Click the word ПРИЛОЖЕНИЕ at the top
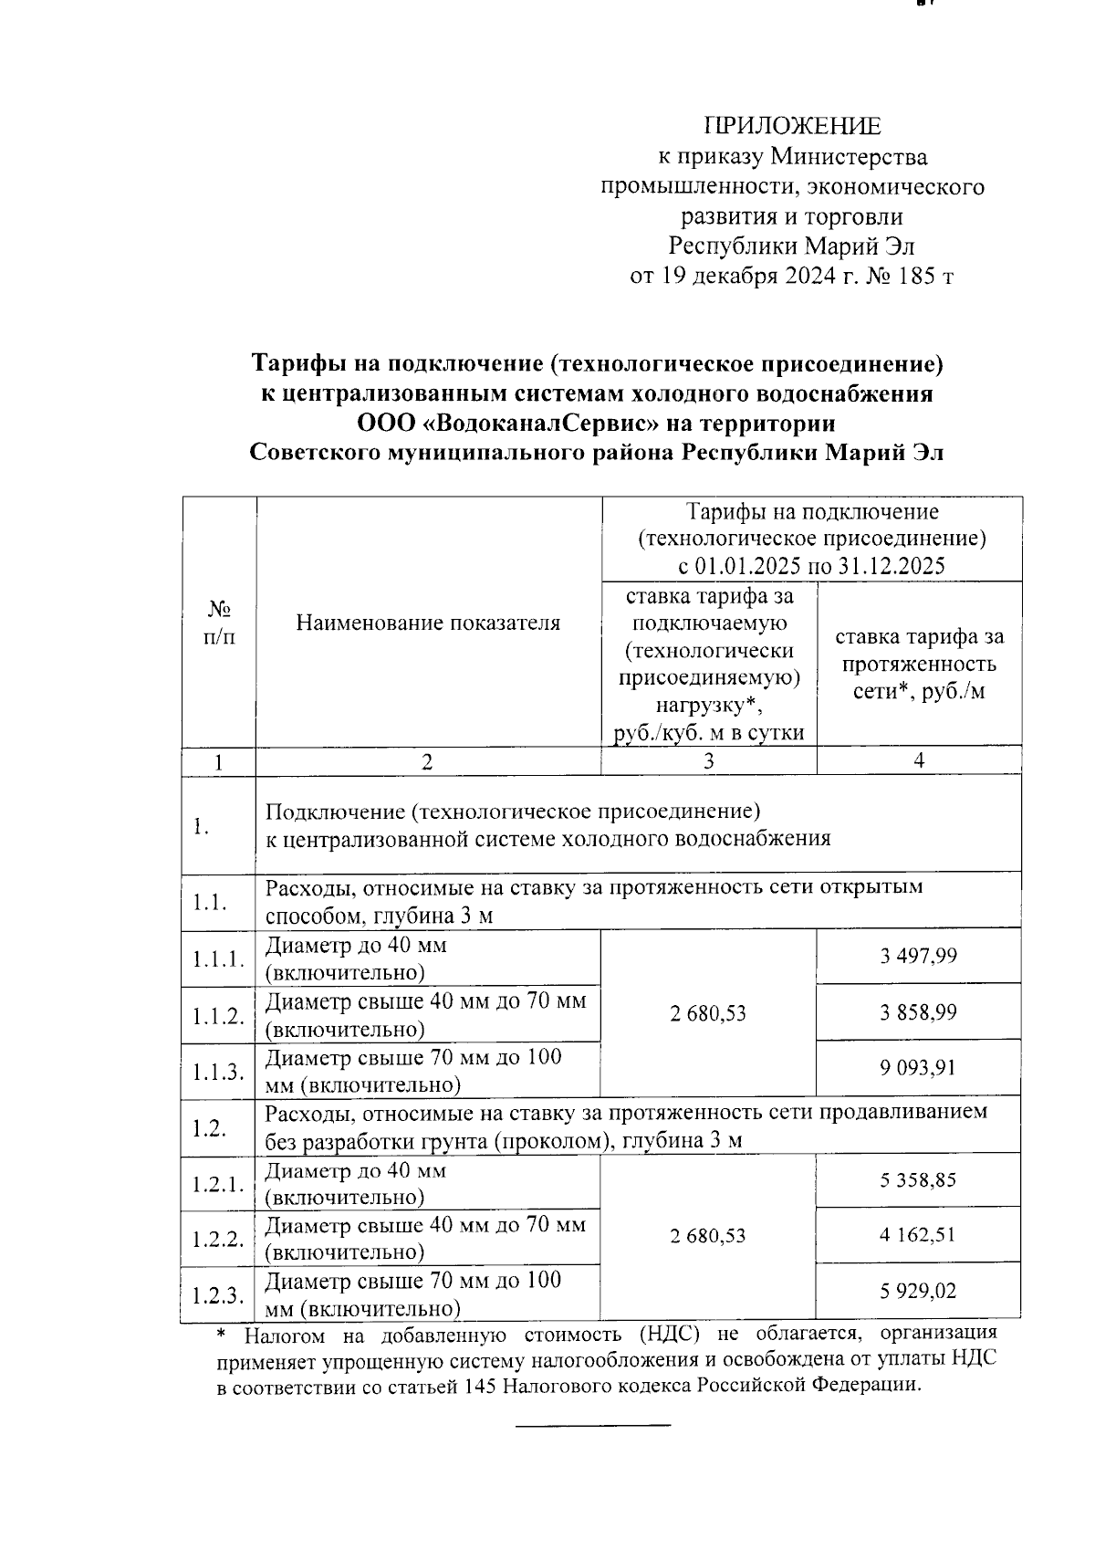pyautogui.click(x=792, y=127)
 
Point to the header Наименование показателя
pyautogui.click(x=428, y=623)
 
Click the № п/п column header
pyautogui.click(x=219, y=623)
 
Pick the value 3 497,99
pyautogui.click(x=918, y=956)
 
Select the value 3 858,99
pyautogui.click(x=918, y=1012)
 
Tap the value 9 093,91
pyautogui.click(x=918, y=1068)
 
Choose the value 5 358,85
pyautogui.click(x=918, y=1180)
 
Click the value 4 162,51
pyautogui.click(x=918, y=1235)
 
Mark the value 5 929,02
pyautogui.click(x=918, y=1292)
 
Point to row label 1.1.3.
pyautogui.click(x=218, y=1072)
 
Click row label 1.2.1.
pyautogui.click(x=218, y=1184)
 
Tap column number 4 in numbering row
pyautogui.click(x=919, y=760)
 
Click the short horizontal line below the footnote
pyautogui.click(x=593, y=1425)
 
